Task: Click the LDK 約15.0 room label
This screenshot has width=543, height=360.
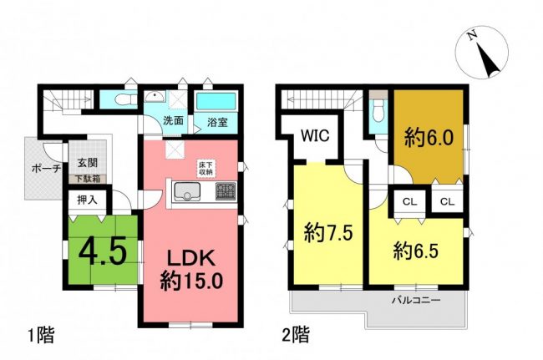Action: click(190, 270)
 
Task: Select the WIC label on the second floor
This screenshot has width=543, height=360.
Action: click(315, 135)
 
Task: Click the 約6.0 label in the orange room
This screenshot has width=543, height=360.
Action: click(429, 139)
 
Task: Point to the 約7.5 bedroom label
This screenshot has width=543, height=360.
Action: click(328, 232)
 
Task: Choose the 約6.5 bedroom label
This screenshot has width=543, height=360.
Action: click(415, 251)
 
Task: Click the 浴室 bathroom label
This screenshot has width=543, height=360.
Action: click(217, 122)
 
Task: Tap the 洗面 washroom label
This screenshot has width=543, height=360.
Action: click(173, 121)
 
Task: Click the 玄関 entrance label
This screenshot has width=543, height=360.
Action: click(87, 162)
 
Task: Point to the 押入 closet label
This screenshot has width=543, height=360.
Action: click(87, 200)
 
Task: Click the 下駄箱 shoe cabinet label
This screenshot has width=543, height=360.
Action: click(88, 179)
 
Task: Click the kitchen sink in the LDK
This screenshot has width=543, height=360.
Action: click(187, 191)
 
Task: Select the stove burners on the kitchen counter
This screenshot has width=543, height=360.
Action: click(226, 191)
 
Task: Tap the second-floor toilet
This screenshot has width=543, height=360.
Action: click(378, 111)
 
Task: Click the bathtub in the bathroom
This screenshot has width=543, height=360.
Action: click(216, 101)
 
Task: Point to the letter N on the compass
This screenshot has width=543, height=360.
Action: click(470, 36)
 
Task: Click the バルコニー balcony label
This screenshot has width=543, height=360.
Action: click(416, 300)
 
